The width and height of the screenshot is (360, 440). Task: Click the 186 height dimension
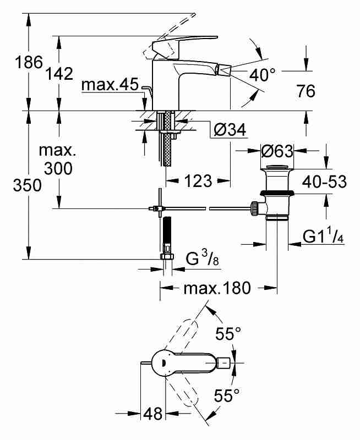(29, 62)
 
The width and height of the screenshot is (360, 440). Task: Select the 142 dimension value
(59, 74)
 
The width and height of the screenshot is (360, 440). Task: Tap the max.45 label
(110, 84)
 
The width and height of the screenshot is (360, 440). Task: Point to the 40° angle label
(263, 74)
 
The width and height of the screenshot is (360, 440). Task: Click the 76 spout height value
(306, 91)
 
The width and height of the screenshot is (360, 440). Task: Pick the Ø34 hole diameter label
(230, 129)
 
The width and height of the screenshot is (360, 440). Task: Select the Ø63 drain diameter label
(277, 151)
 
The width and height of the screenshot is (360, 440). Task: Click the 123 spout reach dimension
(198, 181)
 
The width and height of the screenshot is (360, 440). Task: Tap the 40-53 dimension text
(324, 182)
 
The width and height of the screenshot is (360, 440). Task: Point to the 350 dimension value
(27, 185)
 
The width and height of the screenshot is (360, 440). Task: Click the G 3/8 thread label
(202, 258)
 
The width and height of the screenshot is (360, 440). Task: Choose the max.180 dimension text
(217, 288)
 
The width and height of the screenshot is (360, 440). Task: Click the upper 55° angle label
(228, 334)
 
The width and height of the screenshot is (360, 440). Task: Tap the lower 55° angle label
(227, 395)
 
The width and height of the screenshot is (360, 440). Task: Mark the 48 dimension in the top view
(153, 414)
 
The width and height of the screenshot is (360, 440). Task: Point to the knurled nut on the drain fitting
(255, 208)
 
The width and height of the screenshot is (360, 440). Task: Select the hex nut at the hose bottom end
(167, 256)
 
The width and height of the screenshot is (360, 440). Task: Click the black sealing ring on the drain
(277, 193)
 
